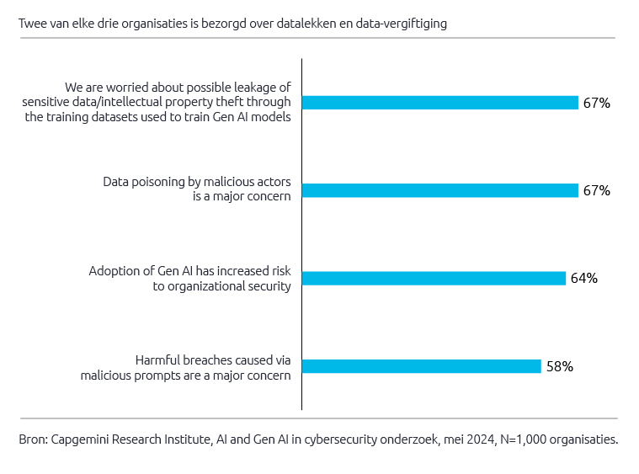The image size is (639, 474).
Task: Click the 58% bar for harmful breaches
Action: tap(421, 365)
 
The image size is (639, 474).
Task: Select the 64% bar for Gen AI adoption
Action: tap(434, 278)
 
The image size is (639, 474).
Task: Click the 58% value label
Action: tap(560, 366)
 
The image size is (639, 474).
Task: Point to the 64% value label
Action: tap(584, 278)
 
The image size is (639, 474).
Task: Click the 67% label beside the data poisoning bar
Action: tap(597, 190)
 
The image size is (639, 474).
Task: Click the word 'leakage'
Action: tap(263, 88)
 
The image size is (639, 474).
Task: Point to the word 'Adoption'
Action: tap(113, 271)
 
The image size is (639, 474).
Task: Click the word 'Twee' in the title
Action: tap(32, 24)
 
